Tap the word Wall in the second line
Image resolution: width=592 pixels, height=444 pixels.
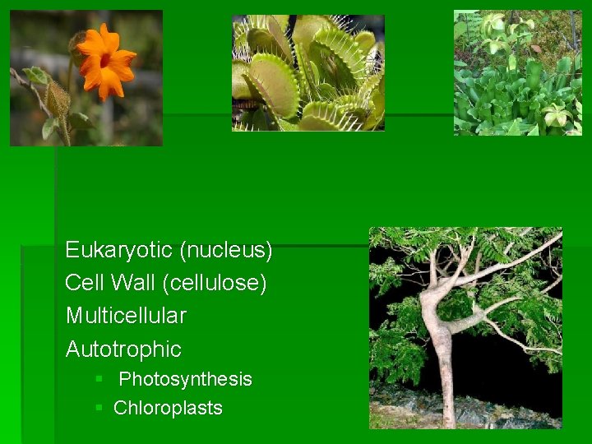131,283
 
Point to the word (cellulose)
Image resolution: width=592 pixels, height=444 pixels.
215,283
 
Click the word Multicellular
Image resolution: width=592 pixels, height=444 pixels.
126,316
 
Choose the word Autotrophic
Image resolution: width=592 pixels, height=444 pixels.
123,349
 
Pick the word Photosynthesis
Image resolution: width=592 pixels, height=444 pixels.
185,379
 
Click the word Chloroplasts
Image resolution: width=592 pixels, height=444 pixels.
168,408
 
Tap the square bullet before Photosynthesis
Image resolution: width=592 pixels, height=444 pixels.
99,379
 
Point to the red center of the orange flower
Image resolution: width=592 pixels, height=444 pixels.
105,60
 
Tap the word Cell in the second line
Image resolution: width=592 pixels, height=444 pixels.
82,283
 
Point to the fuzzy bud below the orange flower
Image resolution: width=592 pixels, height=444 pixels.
58,99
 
